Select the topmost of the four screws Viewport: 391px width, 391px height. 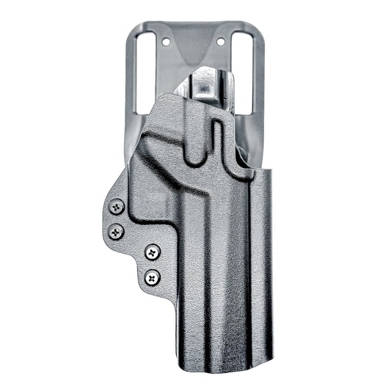(115, 208)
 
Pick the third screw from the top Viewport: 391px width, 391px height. (152, 252)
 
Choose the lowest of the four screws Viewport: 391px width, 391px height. (152, 277)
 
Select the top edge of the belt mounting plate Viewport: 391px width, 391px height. (194, 25)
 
